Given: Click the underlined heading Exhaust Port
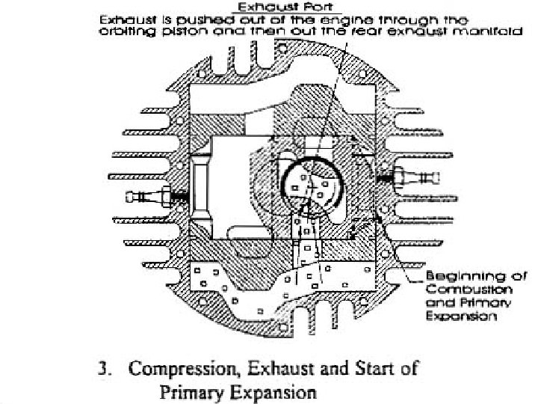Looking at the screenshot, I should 295,7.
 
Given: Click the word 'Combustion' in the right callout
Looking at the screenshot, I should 458,290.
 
